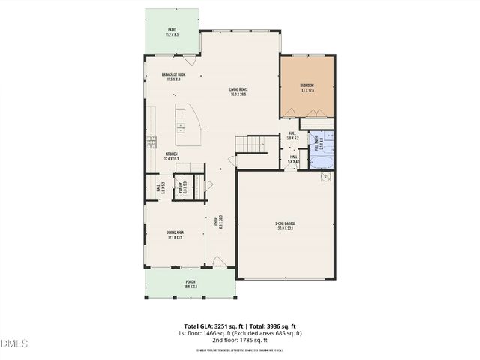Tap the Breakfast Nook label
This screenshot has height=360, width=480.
(x=173, y=76)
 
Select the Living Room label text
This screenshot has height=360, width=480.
(x=238, y=92)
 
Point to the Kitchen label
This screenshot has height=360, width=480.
(x=172, y=157)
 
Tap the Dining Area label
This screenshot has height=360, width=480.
(x=175, y=235)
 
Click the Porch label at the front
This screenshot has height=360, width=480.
(x=190, y=285)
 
